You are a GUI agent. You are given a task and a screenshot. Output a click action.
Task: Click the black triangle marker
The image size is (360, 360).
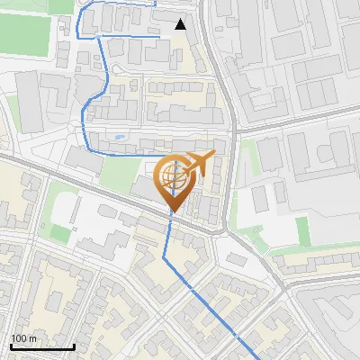pos(181,24)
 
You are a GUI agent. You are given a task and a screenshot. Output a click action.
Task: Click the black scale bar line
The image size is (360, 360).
pos(42,346)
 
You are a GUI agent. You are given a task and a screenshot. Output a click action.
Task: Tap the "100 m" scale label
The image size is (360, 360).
pos(24,338)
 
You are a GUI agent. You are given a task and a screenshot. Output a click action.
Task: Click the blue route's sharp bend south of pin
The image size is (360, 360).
pos(166,257)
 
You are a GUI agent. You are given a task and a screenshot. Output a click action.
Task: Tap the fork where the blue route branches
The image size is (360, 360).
pos(96,36)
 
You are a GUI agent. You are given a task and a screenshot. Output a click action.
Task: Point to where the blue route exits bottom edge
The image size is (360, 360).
pos(258,357)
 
